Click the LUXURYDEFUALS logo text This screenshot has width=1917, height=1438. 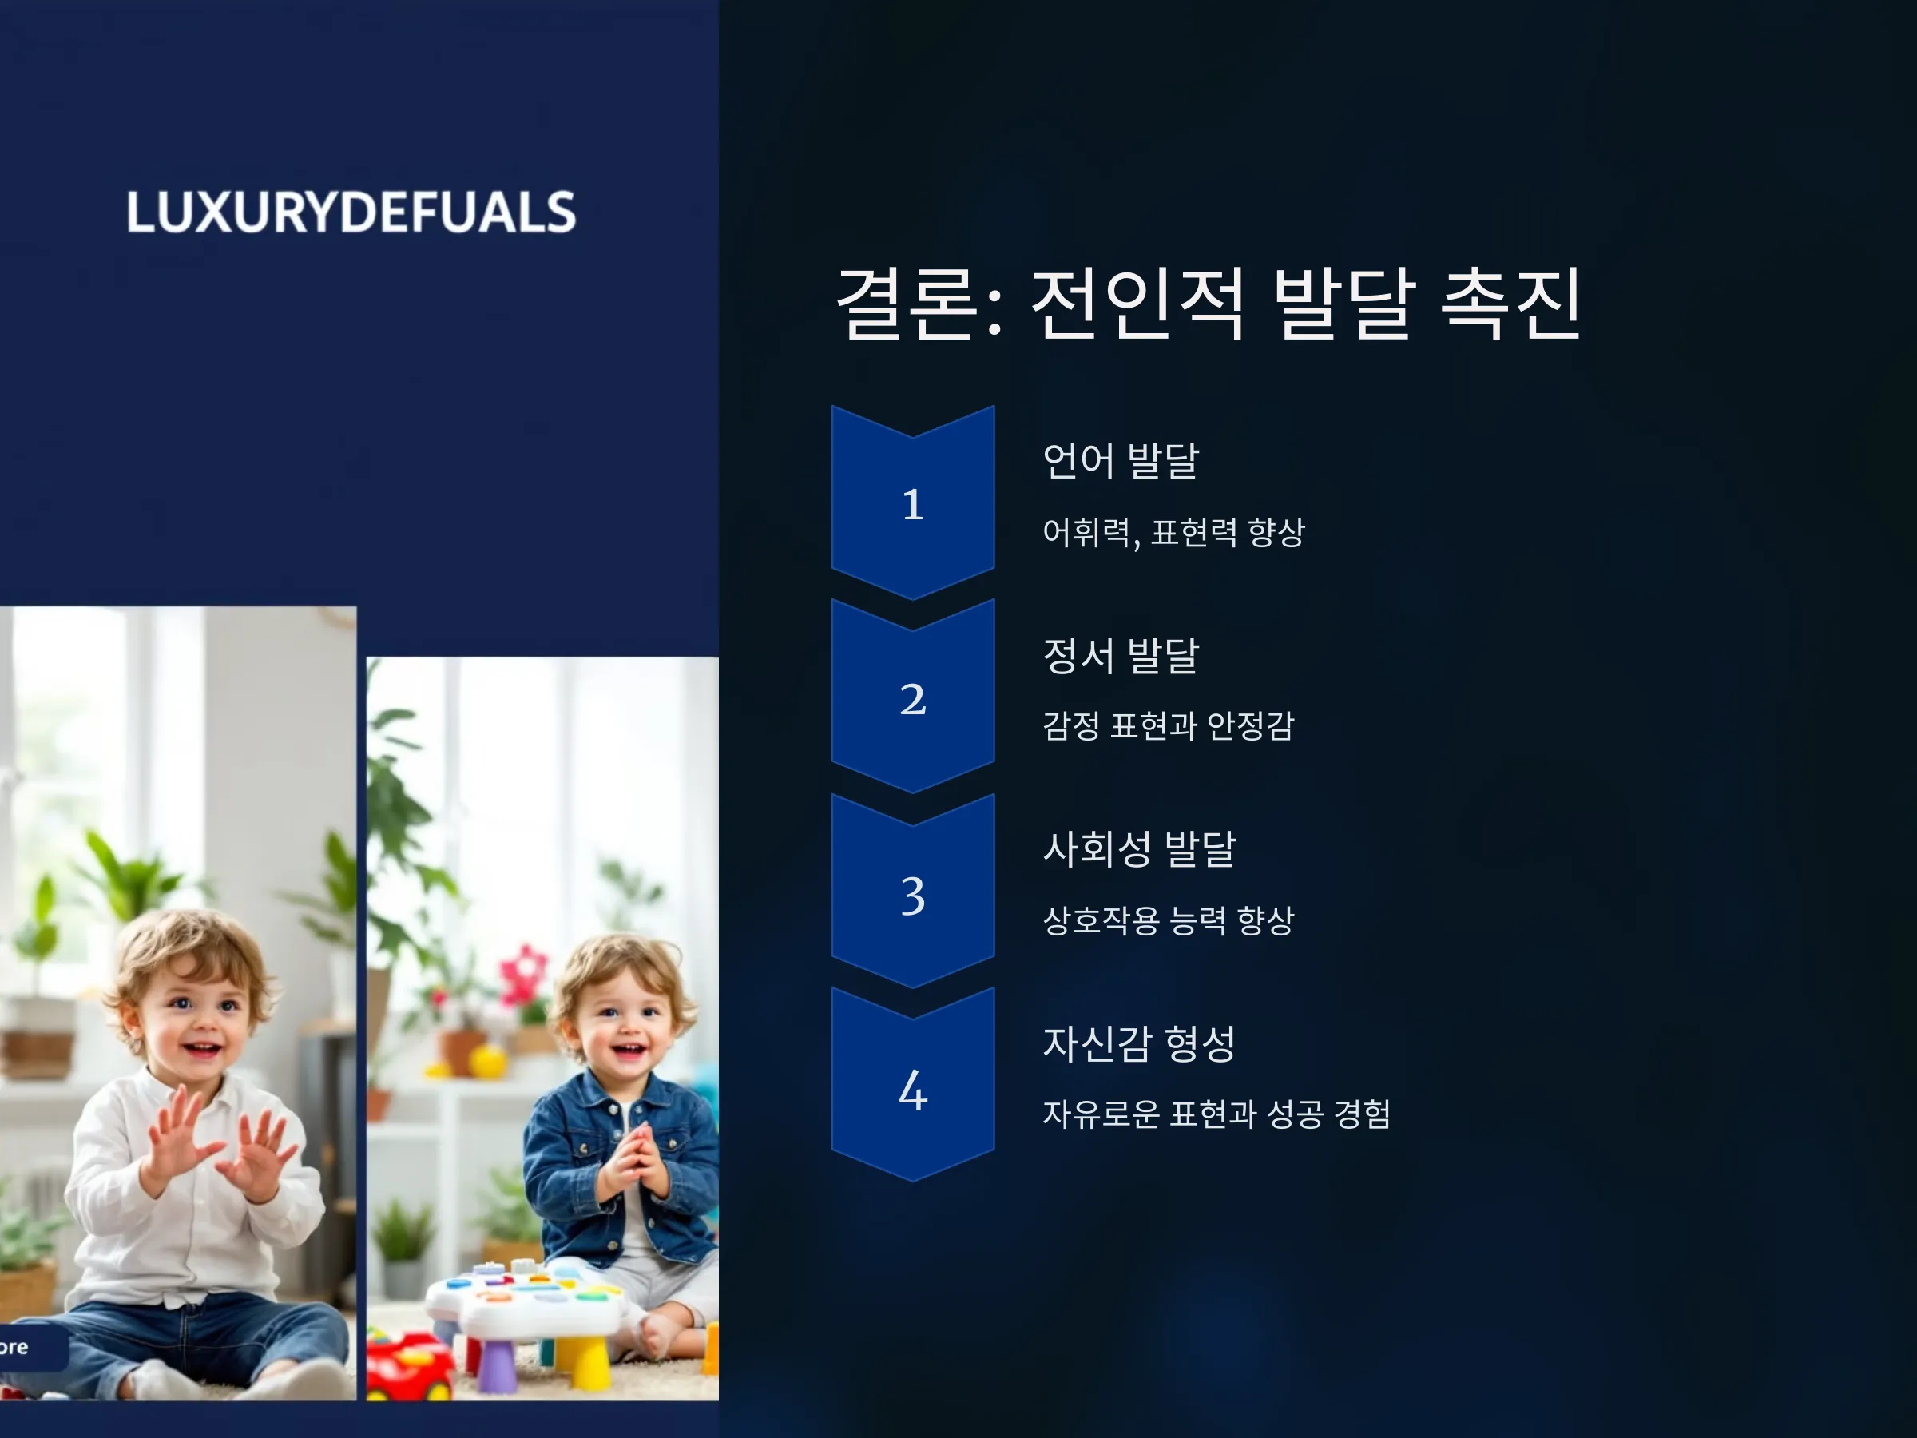351,213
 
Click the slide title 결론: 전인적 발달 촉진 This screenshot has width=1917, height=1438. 1210,303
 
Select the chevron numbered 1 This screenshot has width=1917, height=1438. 912,502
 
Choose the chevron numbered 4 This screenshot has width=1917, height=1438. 912,1085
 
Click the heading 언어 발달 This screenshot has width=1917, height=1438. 1121,460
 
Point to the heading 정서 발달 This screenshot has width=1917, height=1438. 1121,654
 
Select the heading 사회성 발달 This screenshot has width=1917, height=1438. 1140,848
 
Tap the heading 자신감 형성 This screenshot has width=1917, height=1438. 1140,1043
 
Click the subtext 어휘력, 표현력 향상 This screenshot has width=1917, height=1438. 1173,532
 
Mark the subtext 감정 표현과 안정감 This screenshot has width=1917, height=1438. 1169,725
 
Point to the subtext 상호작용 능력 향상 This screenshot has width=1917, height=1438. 1169,920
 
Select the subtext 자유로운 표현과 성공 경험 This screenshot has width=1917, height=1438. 1216,1114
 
